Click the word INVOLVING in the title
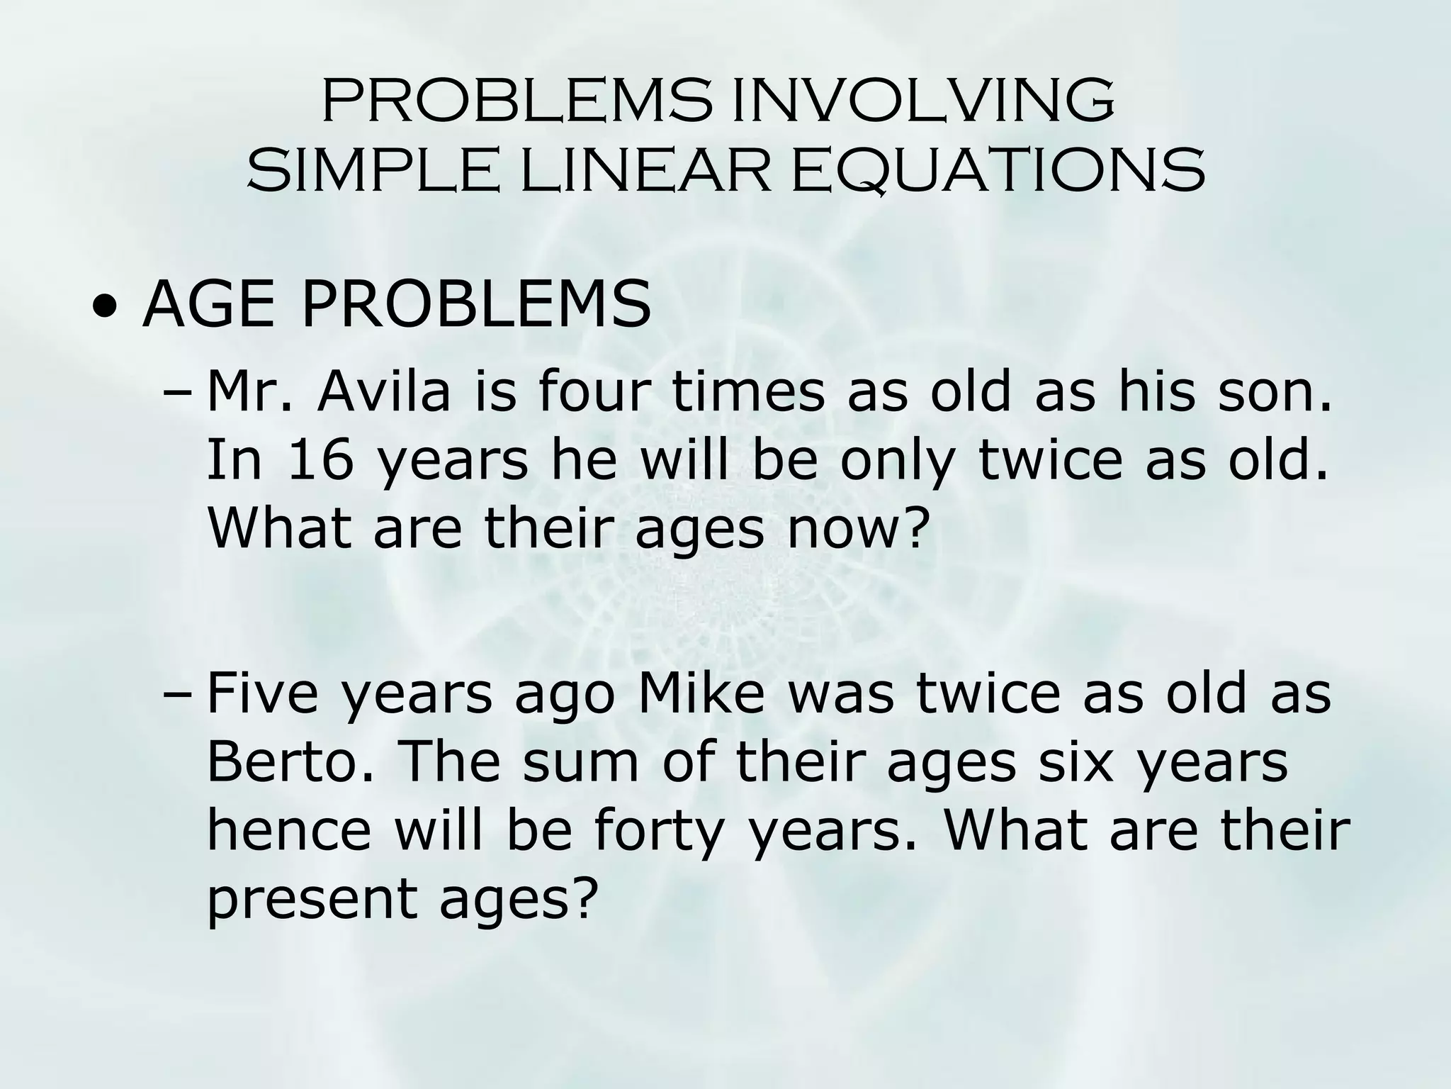coord(922,101)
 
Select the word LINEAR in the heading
coord(645,171)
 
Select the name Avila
coord(383,392)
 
